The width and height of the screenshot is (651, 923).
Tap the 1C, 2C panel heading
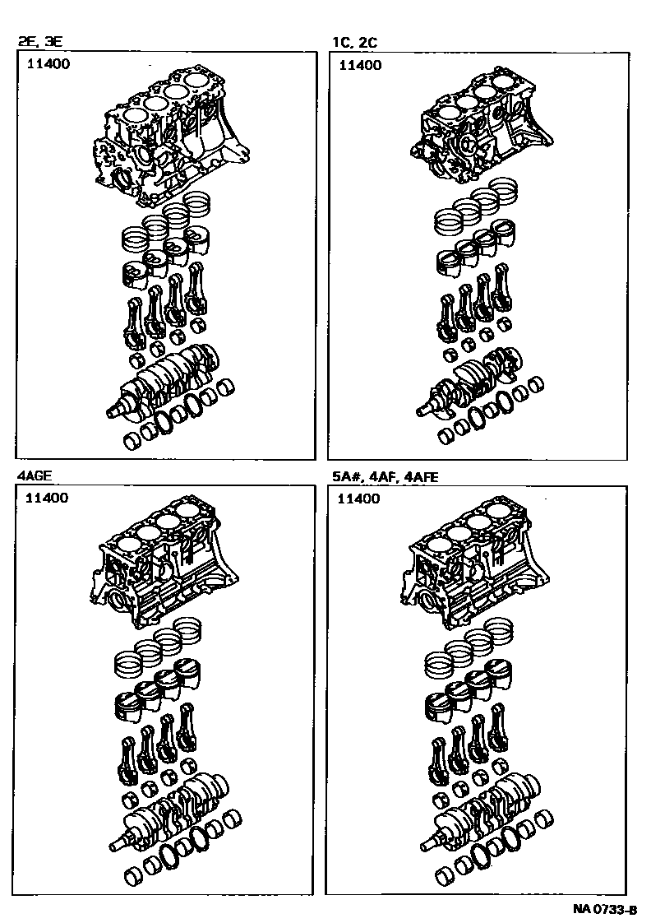point(354,42)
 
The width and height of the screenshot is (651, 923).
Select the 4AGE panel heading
point(34,475)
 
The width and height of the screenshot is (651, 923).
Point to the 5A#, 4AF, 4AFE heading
point(386,476)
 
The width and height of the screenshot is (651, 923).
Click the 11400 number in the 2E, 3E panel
point(48,63)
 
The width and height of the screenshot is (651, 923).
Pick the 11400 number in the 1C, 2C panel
point(360,65)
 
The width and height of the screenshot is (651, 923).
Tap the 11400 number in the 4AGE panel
point(47,498)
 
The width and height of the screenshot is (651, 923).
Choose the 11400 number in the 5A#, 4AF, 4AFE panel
point(358,499)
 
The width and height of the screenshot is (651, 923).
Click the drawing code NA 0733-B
point(604,910)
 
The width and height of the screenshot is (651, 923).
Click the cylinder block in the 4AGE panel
point(163,566)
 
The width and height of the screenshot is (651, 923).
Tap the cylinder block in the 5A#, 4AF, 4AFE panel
point(474,566)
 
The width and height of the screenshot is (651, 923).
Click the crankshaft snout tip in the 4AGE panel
point(113,847)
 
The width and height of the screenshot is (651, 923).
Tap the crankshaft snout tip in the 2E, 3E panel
point(110,415)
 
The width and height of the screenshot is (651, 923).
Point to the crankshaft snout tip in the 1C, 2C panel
point(418,414)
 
